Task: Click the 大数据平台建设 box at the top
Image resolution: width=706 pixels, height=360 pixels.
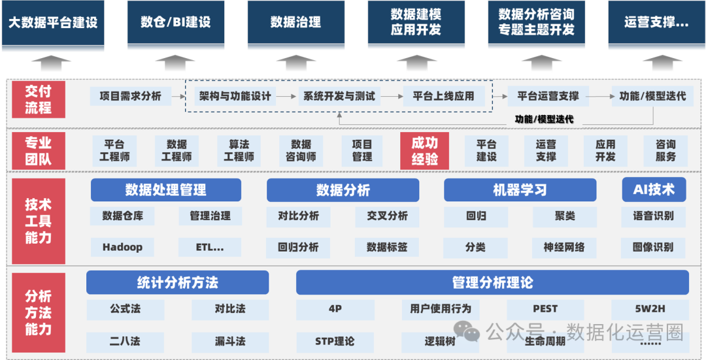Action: (x=53, y=24)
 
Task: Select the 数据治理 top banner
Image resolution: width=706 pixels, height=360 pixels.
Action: (x=295, y=24)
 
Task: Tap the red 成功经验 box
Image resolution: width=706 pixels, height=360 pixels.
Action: (x=424, y=151)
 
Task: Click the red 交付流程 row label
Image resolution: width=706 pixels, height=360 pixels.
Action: (x=38, y=99)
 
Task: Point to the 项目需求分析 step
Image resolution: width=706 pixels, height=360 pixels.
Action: (x=130, y=96)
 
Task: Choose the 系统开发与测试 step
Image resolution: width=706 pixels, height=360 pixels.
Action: (x=339, y=96)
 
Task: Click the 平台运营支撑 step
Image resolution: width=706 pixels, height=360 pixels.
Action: (x=548, y=96)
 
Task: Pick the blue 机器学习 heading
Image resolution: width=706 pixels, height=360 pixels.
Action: (x=520, y=190)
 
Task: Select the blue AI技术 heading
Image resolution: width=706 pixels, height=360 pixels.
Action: (x=654, y=189)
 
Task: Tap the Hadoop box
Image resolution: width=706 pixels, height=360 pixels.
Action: (x=122, y=247)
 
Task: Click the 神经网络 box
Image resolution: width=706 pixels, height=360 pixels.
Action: (x=564, y=247)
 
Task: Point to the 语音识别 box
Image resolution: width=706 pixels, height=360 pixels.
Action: (x=653, y=216)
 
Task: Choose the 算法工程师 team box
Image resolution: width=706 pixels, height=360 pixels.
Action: (x=239, y=151)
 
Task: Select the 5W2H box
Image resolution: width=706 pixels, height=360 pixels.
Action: (x=650, y=308)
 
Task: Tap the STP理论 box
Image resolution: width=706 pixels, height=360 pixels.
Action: (x=335, y=341)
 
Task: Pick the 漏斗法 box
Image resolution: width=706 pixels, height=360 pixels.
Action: (x=230, y=341)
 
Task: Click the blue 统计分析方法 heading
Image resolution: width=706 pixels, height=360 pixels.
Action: (x=177, y=283)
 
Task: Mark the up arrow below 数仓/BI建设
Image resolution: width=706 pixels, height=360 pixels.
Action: (x=175, y=64)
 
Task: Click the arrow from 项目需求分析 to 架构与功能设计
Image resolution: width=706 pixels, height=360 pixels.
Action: (x=178, y=96)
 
